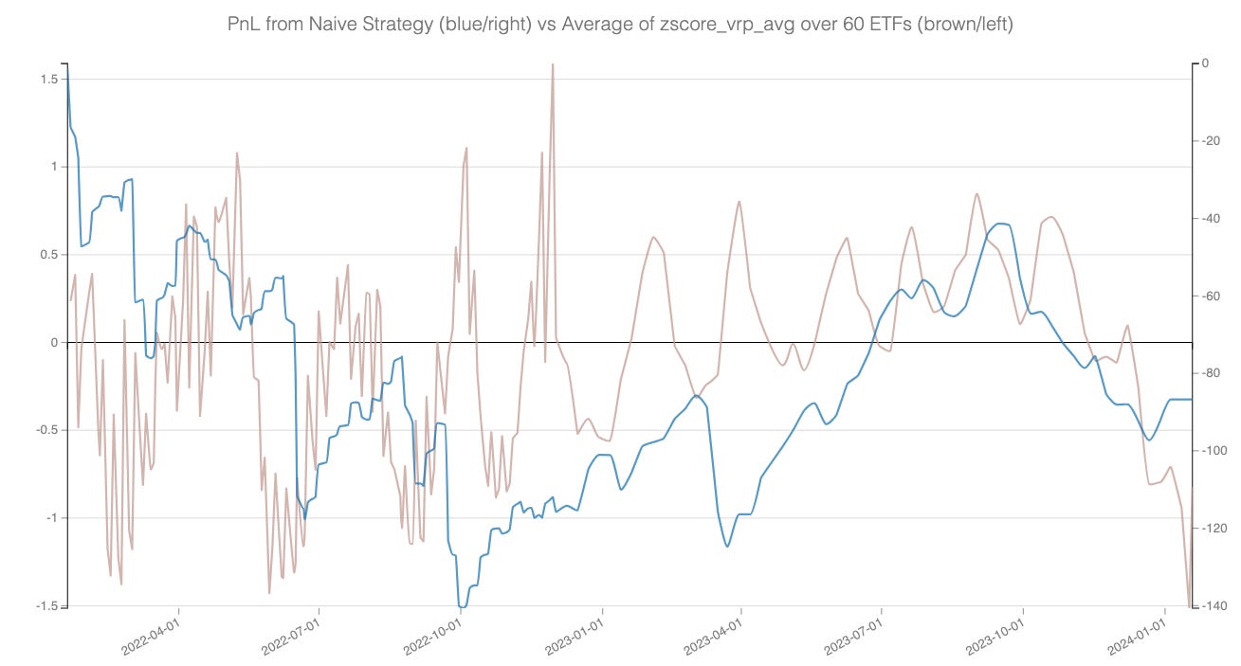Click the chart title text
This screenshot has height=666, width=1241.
(x=620, y=25)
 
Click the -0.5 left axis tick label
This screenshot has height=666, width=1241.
(x=45, y=430)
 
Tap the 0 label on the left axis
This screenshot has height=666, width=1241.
(x=54, y=342)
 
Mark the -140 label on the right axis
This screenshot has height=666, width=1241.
(x=1213, y=606)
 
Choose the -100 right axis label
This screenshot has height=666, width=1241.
(x=1213, y=451)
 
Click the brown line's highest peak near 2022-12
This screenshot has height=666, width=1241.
(x=552, y=64)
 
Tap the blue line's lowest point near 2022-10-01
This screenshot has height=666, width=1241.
(x=462, y=606)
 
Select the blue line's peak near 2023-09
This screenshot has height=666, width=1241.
(x=1002, y=224)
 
